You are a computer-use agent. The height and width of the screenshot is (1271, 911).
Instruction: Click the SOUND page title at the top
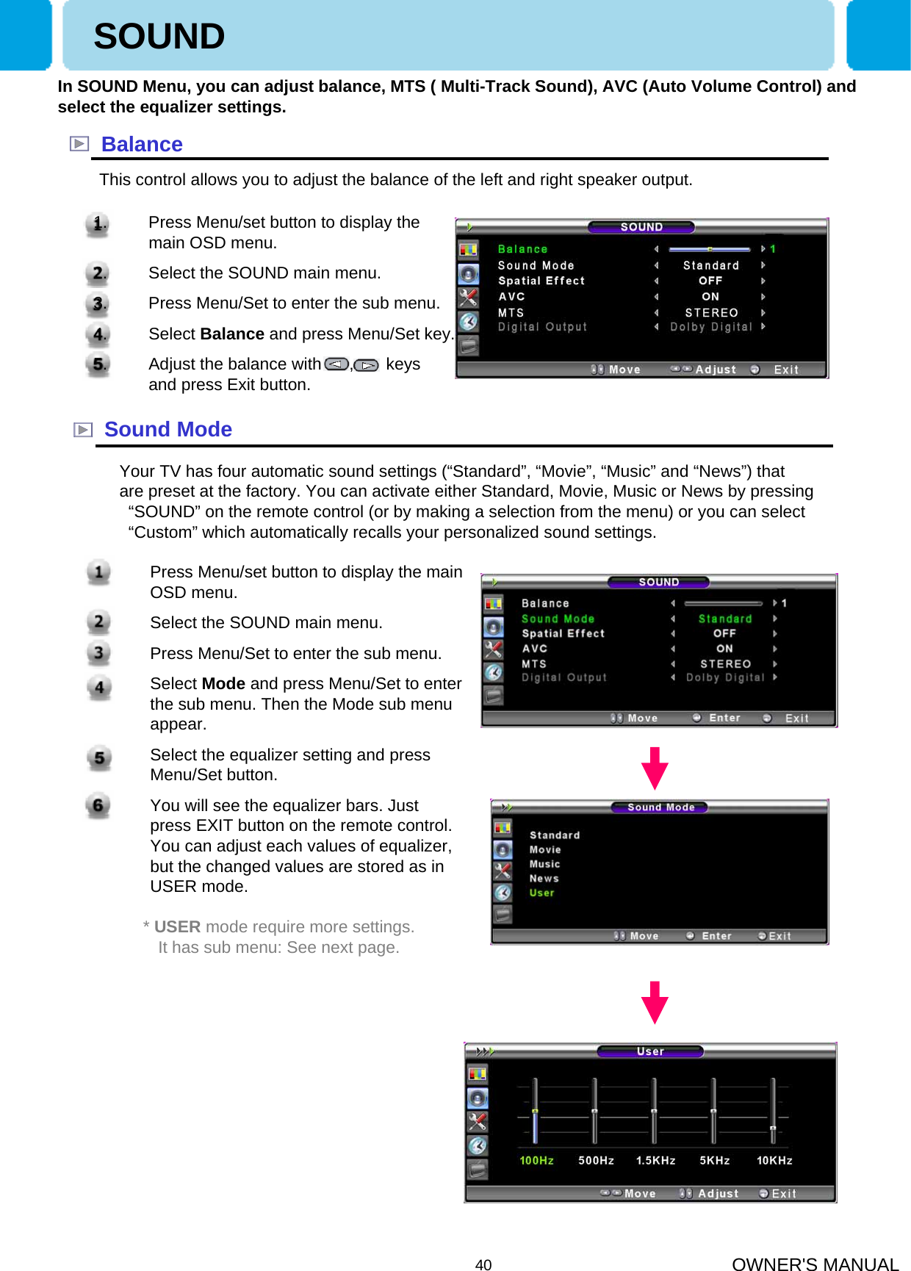point(159,37)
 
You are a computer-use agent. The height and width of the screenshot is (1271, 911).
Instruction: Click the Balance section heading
point(142,145)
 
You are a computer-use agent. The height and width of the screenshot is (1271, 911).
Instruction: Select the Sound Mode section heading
point(168,430)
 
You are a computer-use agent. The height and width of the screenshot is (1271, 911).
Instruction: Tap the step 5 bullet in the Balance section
point(97,364)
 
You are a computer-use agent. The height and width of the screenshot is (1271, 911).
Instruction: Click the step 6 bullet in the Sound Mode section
point(98,806)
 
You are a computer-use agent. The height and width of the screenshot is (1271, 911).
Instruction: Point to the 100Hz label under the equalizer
point(536,1161)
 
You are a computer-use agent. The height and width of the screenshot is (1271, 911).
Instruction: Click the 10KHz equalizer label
point(774,1161)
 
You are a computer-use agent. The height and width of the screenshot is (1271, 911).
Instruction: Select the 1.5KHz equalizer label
point(655,1161)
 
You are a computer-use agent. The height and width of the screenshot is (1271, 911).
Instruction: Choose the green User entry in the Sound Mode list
point(541,893)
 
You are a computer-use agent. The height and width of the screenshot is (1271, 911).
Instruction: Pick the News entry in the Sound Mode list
point(544,879)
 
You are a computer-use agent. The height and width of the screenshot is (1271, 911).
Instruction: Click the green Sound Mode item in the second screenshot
point(558,619)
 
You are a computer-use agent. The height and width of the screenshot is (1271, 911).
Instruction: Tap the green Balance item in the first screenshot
point(522,250)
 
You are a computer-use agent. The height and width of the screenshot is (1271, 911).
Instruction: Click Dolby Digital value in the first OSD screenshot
point(710,327)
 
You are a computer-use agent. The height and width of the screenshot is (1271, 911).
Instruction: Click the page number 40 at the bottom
point(483,1264)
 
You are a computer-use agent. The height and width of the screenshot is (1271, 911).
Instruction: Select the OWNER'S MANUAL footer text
point(815,1264)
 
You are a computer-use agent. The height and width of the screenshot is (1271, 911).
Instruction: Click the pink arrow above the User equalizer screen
point(655,1002)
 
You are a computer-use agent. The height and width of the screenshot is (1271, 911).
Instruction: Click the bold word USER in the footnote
point(177,927)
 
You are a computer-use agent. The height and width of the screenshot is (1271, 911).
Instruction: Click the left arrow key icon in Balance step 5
point(336,365)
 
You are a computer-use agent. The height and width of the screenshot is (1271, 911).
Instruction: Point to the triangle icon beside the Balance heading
point(79,144)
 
